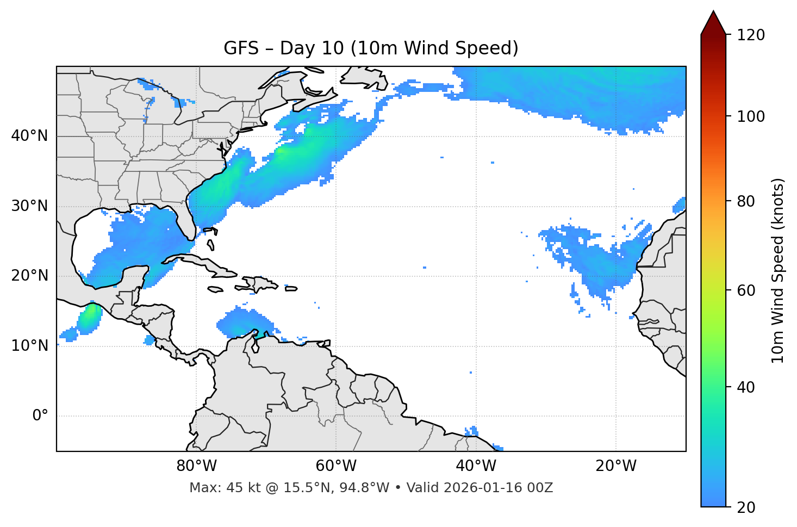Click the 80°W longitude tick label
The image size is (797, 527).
pyautogui.click(x=196, y=466)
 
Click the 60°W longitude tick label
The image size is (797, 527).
pyautogui.click(x=336, y=466)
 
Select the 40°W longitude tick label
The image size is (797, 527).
pyautogui.click(x=476, y=466)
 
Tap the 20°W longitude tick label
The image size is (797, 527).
pyautogui.click(x=616, y=466)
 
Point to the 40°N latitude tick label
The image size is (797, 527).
pyautogui.click(x=29, y=136)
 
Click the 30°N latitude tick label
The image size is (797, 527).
pyautogui.click(x=29, y=206)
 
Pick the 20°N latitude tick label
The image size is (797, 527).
pyautogui.click(x=29, y=276)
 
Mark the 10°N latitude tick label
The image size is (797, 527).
pyautogui.click(x=29, y=346)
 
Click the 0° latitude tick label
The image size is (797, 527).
pyautogui.click(x=40, y=416)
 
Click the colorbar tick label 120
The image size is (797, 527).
pyautogui.click(x=750, y=35)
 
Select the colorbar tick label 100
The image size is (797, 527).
pyautogui.click(x=750, y=116)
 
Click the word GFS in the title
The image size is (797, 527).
pyautogui.click(x=241, y=48)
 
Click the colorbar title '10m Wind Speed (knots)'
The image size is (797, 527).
pyautogui.click(x=778, y=270)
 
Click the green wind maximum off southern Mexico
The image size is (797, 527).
pyautogui.click(x=89, y=318)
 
